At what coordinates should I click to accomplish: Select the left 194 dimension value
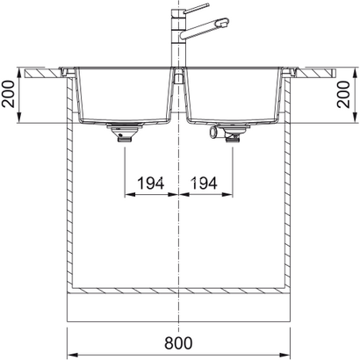(x=152, y=184)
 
